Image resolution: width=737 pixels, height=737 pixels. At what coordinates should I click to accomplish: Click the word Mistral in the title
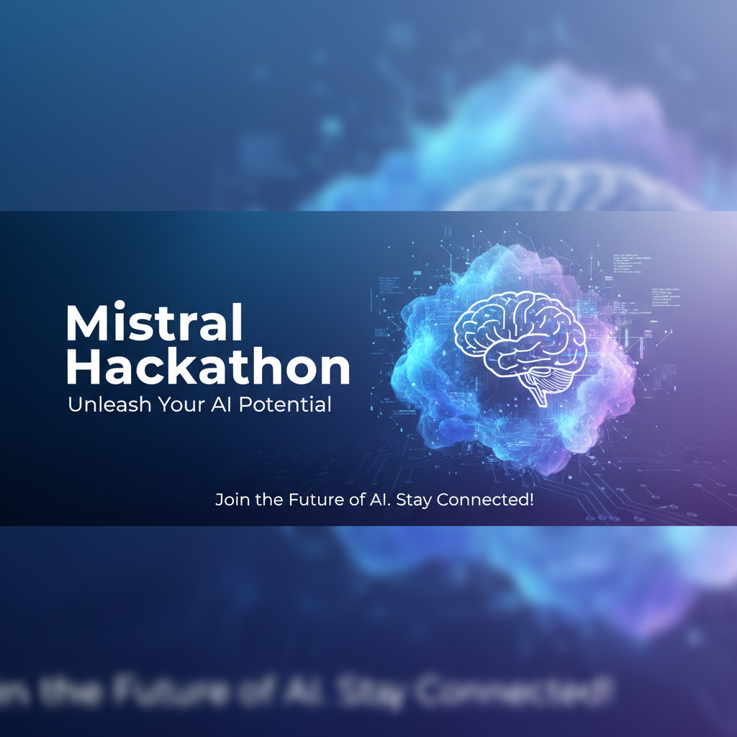(x=155, y=324)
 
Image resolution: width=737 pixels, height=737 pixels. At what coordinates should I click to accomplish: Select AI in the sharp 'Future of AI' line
(x=376, y=499)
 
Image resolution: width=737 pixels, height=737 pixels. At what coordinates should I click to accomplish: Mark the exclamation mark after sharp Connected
(x=531, y=499)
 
